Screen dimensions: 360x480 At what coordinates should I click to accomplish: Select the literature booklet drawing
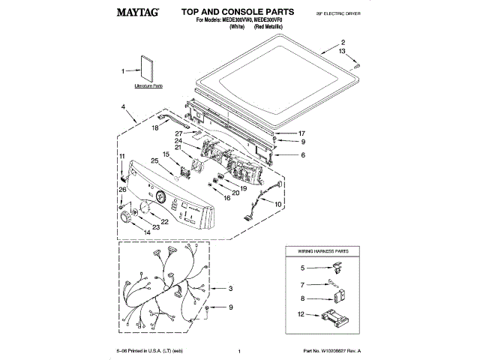pos(147,70)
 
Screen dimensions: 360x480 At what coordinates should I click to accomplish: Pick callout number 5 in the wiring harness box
pos(302,267)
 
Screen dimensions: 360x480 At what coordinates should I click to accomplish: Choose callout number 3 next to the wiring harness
pos(231,288)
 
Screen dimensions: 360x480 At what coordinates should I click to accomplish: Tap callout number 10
pos(278,204)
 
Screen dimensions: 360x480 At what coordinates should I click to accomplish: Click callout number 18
pos(155,129)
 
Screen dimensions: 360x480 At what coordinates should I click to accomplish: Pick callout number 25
pos(154,160)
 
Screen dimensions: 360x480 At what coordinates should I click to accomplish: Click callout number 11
pos(121,155)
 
